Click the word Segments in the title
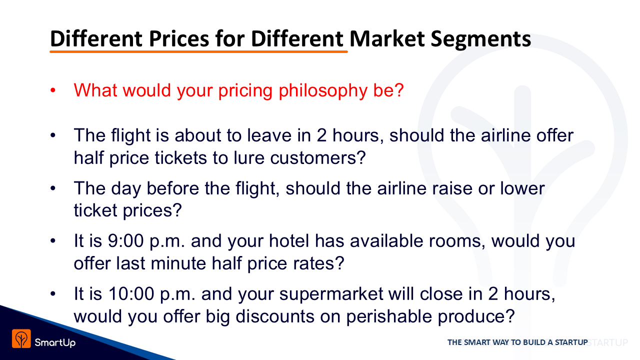click(x=481, y=39)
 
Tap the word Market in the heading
click(x=387, y=38)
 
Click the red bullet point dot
click(x=53, y=90)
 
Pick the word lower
click(x=522, y=188)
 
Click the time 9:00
click(x=125, y=241)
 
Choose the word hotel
click(x=289, y=241)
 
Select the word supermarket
click(x=331, y=294)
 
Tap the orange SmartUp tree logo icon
click(x=21, y=339)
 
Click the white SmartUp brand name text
click(x=55, y=342)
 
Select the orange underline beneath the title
click(x=198, y=51)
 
